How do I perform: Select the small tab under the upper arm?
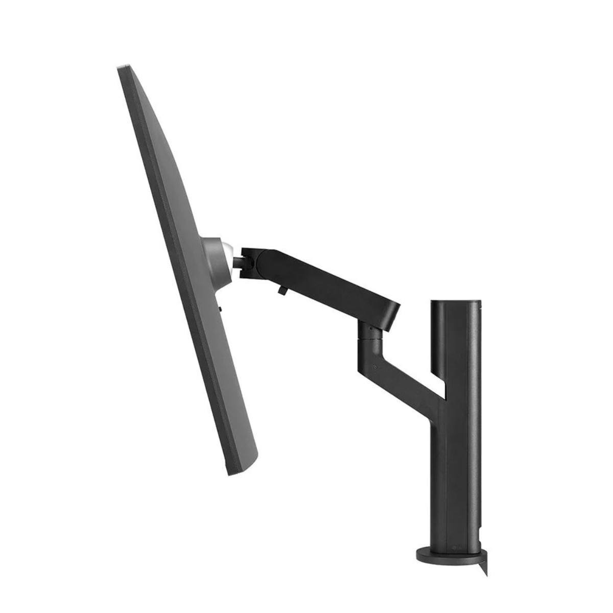(x=282, y=289)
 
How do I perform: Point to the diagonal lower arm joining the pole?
(x=404, y=373)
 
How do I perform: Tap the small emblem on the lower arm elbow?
(x=376, y=366)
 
